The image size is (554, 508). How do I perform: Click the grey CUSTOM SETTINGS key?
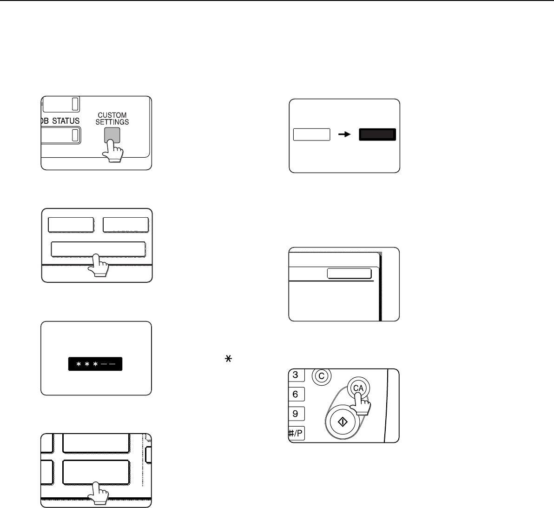pos(112,135)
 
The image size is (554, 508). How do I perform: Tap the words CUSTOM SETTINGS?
pos(112,119)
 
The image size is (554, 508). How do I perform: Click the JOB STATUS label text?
pos(60,120)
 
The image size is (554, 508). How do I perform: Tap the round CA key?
pos(358,388)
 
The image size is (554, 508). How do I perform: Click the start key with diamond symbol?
pos(343,421)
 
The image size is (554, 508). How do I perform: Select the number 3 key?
pos(296,375)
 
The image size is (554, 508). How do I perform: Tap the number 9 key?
pos(296,414)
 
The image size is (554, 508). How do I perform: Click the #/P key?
pos(296,433)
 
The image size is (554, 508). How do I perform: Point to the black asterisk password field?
pos(95,364)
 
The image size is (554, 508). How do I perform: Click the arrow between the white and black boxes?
pos(344,134)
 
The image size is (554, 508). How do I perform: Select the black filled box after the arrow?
pos(377,134)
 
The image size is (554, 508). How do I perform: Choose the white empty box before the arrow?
pos(311,134)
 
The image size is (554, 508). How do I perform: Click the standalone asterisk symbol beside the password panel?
pos(228,359)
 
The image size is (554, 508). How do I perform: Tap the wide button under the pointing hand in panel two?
pos(98,249)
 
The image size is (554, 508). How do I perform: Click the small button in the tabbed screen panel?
pos(349,274)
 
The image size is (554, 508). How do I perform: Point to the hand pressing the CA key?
pos(360,403)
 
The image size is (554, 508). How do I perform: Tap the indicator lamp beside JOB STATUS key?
pos(75,135)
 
